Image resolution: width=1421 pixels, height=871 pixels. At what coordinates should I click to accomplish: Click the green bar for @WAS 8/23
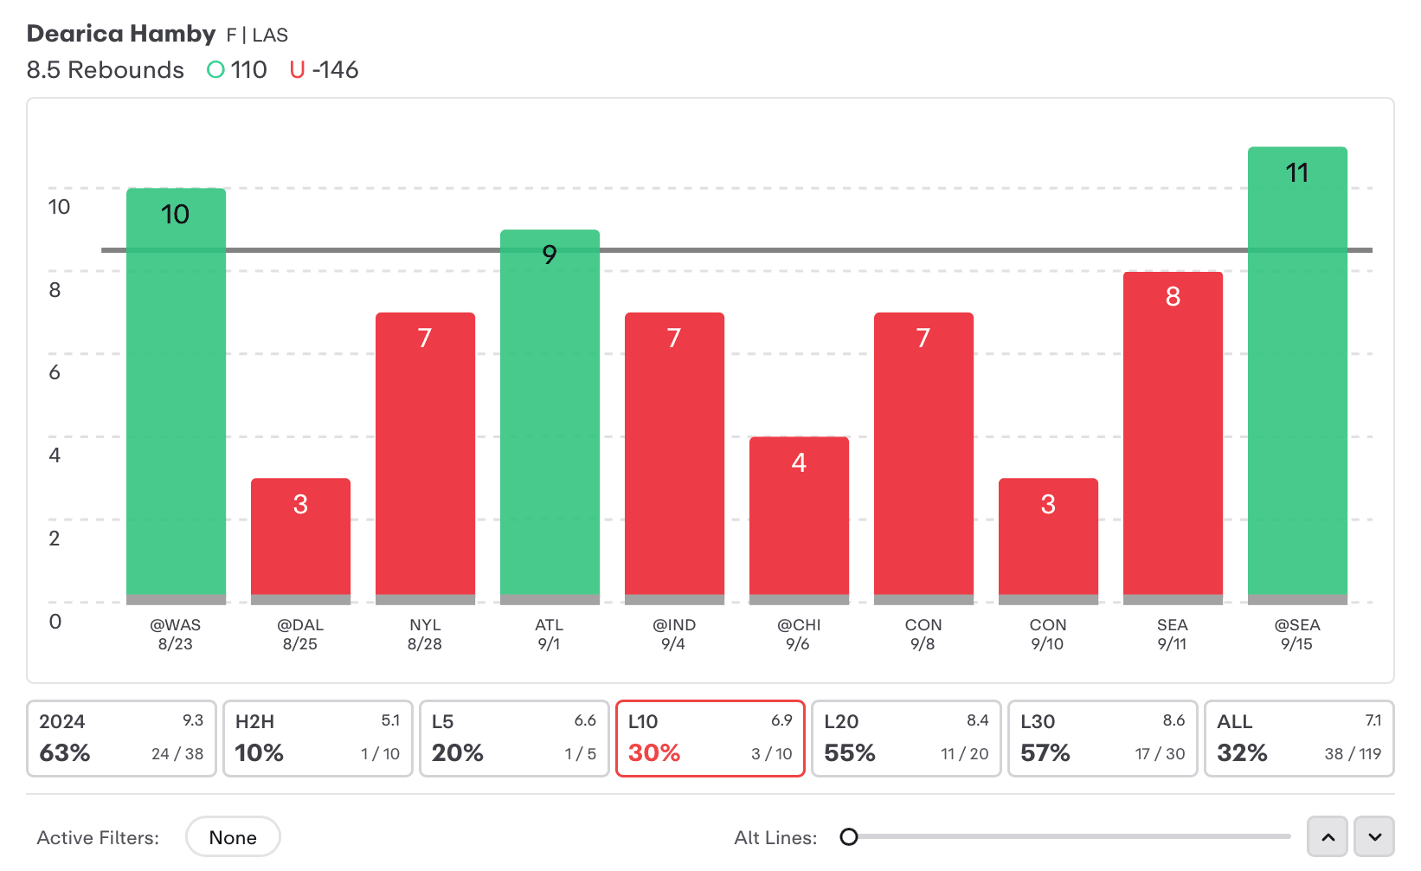176,394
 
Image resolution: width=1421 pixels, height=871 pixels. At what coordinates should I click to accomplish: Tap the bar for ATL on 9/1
550,416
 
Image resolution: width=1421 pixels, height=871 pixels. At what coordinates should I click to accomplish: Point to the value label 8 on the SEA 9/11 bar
1173,297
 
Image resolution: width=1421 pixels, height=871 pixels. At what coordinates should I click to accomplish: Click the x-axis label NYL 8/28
425,635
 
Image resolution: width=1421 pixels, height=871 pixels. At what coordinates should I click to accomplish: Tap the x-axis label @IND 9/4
674,635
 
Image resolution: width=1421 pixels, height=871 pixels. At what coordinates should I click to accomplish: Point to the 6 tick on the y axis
55,372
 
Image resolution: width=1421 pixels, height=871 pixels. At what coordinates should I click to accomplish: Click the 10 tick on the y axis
59,207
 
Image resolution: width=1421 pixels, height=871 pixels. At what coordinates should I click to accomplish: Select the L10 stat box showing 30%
710,739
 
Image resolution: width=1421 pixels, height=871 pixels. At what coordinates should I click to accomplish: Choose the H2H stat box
318,739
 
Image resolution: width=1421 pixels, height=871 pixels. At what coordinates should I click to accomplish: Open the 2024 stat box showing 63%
121,739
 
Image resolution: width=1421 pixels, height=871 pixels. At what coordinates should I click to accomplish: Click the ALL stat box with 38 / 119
1299,739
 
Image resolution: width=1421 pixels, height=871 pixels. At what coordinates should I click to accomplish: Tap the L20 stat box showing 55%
906,739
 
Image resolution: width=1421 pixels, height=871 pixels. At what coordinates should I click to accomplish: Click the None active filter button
233,837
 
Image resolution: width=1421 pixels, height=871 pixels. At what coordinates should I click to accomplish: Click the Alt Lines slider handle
849,836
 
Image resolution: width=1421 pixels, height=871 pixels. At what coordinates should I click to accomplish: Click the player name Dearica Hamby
121,34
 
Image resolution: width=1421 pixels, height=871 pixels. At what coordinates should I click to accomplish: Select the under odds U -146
324,70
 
